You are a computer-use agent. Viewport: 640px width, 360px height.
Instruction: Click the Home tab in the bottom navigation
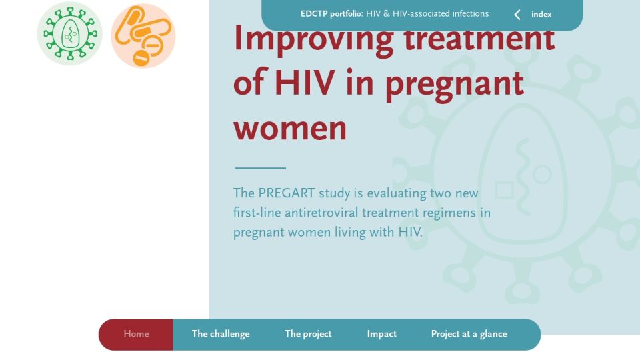[136, 334]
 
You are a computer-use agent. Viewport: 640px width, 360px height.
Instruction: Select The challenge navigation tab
[221, 334]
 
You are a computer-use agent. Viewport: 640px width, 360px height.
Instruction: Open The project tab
[308, 334]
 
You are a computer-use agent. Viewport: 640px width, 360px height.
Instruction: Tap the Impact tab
[381, 334]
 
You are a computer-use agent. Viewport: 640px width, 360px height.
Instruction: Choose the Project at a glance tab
[469, 334]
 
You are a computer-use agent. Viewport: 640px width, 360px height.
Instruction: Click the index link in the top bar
[541, 14]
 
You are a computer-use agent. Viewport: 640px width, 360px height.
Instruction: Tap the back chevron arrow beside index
[517, 15]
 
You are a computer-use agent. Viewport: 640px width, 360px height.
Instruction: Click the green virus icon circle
[70, 33]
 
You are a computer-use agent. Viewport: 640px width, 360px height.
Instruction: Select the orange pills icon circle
[143, 35]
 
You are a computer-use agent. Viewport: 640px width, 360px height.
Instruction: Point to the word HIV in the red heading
[305, 83]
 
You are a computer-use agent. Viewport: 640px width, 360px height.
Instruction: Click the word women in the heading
[290, 129]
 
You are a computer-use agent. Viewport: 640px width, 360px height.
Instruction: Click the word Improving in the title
[313, 41]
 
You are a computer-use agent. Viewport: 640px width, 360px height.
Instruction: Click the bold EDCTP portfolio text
[331, 14]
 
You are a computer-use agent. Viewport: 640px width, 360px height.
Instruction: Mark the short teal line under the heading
[261, 168]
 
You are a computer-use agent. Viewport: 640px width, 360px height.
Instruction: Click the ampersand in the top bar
[386, 14]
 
